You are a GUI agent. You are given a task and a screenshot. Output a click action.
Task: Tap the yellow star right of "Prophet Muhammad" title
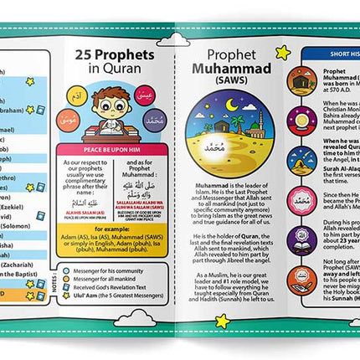tap(282, 53)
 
